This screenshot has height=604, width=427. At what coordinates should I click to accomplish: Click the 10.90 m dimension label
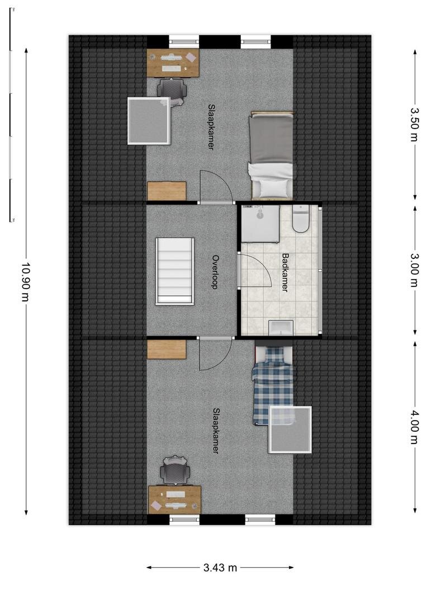25,282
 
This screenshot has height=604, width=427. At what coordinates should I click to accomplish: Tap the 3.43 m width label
220,568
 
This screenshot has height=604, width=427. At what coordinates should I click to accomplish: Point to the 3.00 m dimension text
414,270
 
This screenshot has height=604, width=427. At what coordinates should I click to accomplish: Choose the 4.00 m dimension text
414,427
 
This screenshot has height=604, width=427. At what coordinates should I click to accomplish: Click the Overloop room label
216,272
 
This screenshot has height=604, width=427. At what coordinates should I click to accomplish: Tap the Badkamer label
285,272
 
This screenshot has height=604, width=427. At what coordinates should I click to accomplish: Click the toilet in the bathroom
301,219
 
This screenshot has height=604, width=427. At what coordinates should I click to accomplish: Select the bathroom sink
281,327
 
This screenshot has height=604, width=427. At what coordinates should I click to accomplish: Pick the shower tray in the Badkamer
260,223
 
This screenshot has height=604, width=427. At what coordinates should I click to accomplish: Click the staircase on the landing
175,271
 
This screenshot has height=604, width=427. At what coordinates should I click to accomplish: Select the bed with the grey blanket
272,155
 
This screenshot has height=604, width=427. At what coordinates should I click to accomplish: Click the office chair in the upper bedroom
172,89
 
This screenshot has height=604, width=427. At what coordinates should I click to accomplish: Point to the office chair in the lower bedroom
175,470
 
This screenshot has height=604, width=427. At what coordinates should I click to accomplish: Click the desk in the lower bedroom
175,499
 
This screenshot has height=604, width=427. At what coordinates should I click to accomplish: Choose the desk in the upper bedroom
173,63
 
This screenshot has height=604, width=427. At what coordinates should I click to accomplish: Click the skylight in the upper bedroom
149,121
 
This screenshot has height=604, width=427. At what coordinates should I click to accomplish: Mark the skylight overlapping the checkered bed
290,430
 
